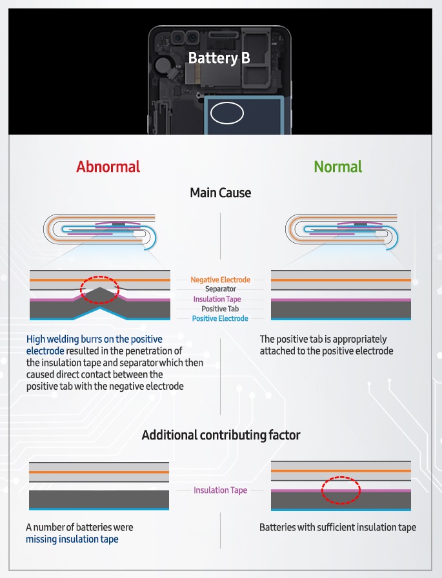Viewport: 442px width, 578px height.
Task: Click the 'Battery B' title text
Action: (x=219, y=58)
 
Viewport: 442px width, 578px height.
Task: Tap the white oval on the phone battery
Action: (x=226, y=113)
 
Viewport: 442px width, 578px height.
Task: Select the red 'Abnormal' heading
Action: (x=108, y=167)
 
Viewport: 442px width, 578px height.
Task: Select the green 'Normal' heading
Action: (x=337, y=167)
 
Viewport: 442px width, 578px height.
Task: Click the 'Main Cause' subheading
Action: (x=220, y=193)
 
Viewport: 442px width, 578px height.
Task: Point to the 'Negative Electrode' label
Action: (x=220, y=280)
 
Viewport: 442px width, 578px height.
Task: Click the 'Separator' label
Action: (x=220, y=289)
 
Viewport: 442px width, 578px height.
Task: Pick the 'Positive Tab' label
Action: (x=220, y=309)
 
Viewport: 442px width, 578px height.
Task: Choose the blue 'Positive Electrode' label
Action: (x=220, y=318)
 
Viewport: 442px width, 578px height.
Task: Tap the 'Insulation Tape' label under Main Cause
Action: (x=220, y=299)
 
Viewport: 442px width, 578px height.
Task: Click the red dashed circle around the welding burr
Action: (x=100, y=290)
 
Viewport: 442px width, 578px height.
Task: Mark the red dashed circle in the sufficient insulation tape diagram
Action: (x=340, y=490)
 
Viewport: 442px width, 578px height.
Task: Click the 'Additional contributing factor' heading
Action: (x=221, y=436)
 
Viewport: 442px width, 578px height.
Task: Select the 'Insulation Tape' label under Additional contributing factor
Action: (x=220, y=490)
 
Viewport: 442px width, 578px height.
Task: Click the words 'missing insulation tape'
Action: (x=72, y=539)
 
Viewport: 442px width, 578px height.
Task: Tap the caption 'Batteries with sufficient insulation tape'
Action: (x=337, y=527)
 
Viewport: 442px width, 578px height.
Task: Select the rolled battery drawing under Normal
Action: (x=341, y=230)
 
